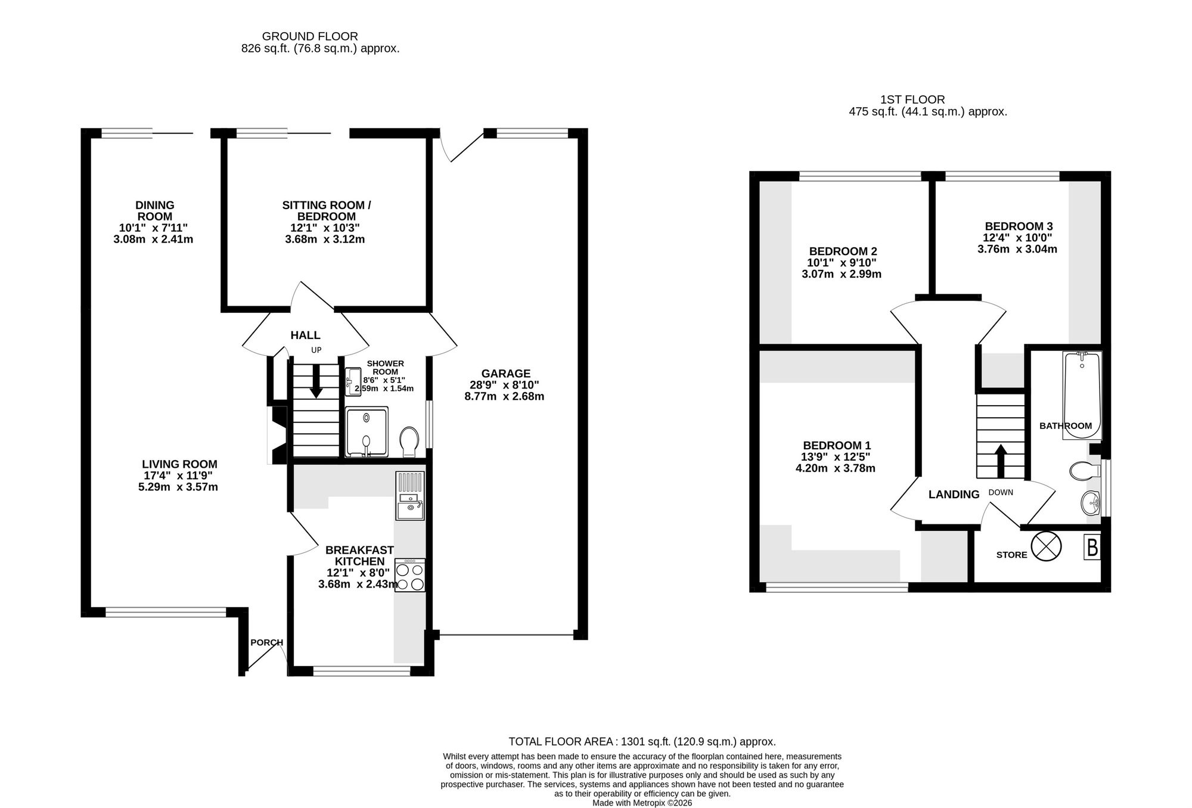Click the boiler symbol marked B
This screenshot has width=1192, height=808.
1092,548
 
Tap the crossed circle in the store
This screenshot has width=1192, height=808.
1046,547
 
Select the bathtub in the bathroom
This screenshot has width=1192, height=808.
1082,395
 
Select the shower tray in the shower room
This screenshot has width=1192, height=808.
367,432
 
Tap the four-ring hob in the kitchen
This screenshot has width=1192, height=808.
410,575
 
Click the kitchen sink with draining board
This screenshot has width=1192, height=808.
410,496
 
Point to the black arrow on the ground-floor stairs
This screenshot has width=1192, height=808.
316,381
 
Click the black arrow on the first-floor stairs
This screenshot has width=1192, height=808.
1000,461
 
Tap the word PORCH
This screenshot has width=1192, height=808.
266,642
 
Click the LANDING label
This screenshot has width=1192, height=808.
954,494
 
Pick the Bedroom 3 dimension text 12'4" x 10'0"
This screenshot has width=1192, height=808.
1017,238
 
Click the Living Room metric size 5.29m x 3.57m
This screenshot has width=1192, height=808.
178,487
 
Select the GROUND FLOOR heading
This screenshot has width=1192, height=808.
310,36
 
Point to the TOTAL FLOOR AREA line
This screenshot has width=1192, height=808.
642,742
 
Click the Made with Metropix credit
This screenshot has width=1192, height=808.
642,803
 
